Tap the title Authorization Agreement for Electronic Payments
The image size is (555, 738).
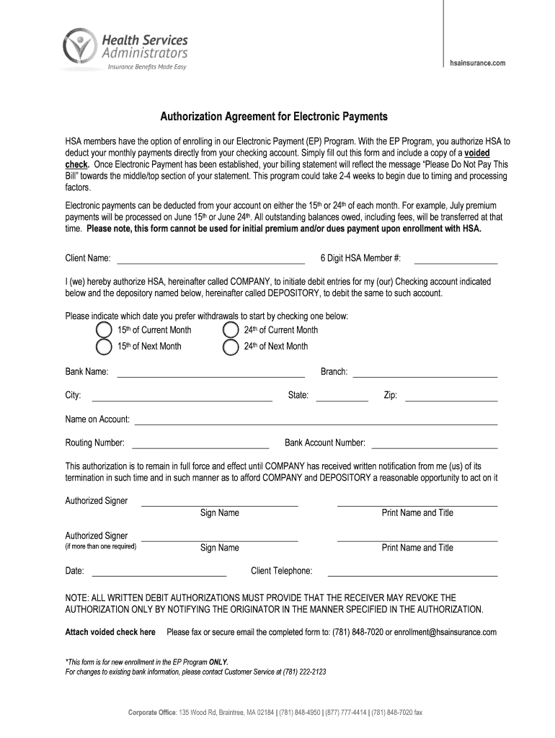coord(273,116)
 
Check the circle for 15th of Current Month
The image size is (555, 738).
coord(104,329)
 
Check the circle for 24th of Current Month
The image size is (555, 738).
coord(231,329)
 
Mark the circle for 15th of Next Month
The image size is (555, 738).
coord(104,347)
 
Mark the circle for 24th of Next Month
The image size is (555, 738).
coord(231,347)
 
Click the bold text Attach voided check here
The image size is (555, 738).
coord(110,632)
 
